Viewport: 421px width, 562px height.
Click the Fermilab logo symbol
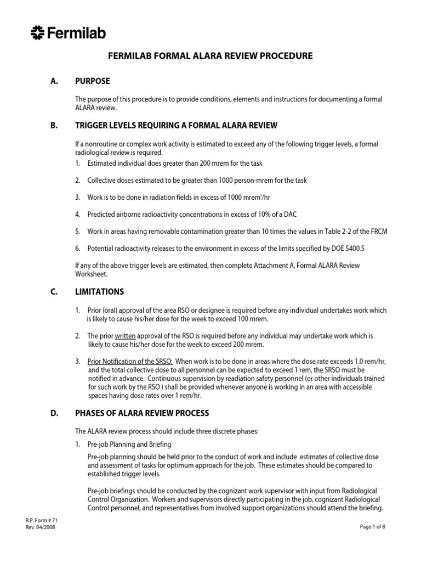(38, 33)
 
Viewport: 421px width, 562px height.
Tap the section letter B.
(53, 125)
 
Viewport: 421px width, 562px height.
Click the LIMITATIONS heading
(99, 291)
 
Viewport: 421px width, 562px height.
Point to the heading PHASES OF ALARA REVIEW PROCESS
(141, 413)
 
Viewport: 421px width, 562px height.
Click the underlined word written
(125, 336)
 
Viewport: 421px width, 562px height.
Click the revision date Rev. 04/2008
(40, 528)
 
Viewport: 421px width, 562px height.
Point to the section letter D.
(53, 413)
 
